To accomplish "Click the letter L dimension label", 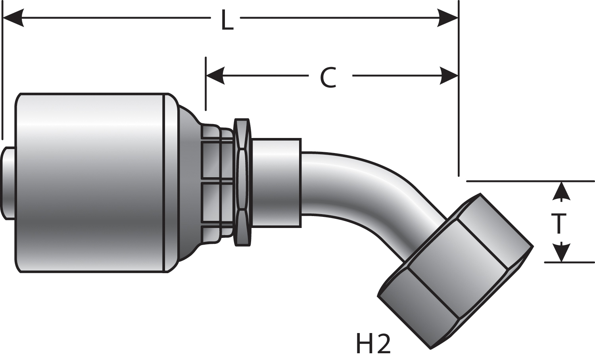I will click(x=226, y=21).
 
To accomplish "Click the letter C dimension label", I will click(x=328, y=78).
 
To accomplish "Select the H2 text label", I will click(x=373, y=344).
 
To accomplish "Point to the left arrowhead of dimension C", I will click(x=215, y=75).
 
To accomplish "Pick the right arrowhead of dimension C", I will click(x=448, y=75).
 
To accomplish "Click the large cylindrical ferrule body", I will click(x=91, y=182).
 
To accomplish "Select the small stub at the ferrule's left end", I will click(x=9, y=182).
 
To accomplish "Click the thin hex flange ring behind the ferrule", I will click(x=242, y=182).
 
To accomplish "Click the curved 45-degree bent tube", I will click(x=357, y=186).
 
